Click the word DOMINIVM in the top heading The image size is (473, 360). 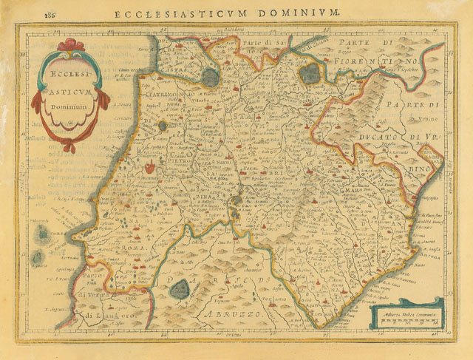coord(302,13)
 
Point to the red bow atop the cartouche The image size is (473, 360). coord(70,45)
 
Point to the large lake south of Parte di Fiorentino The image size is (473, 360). coord(310,72)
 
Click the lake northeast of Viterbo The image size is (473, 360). coord(210,77)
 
